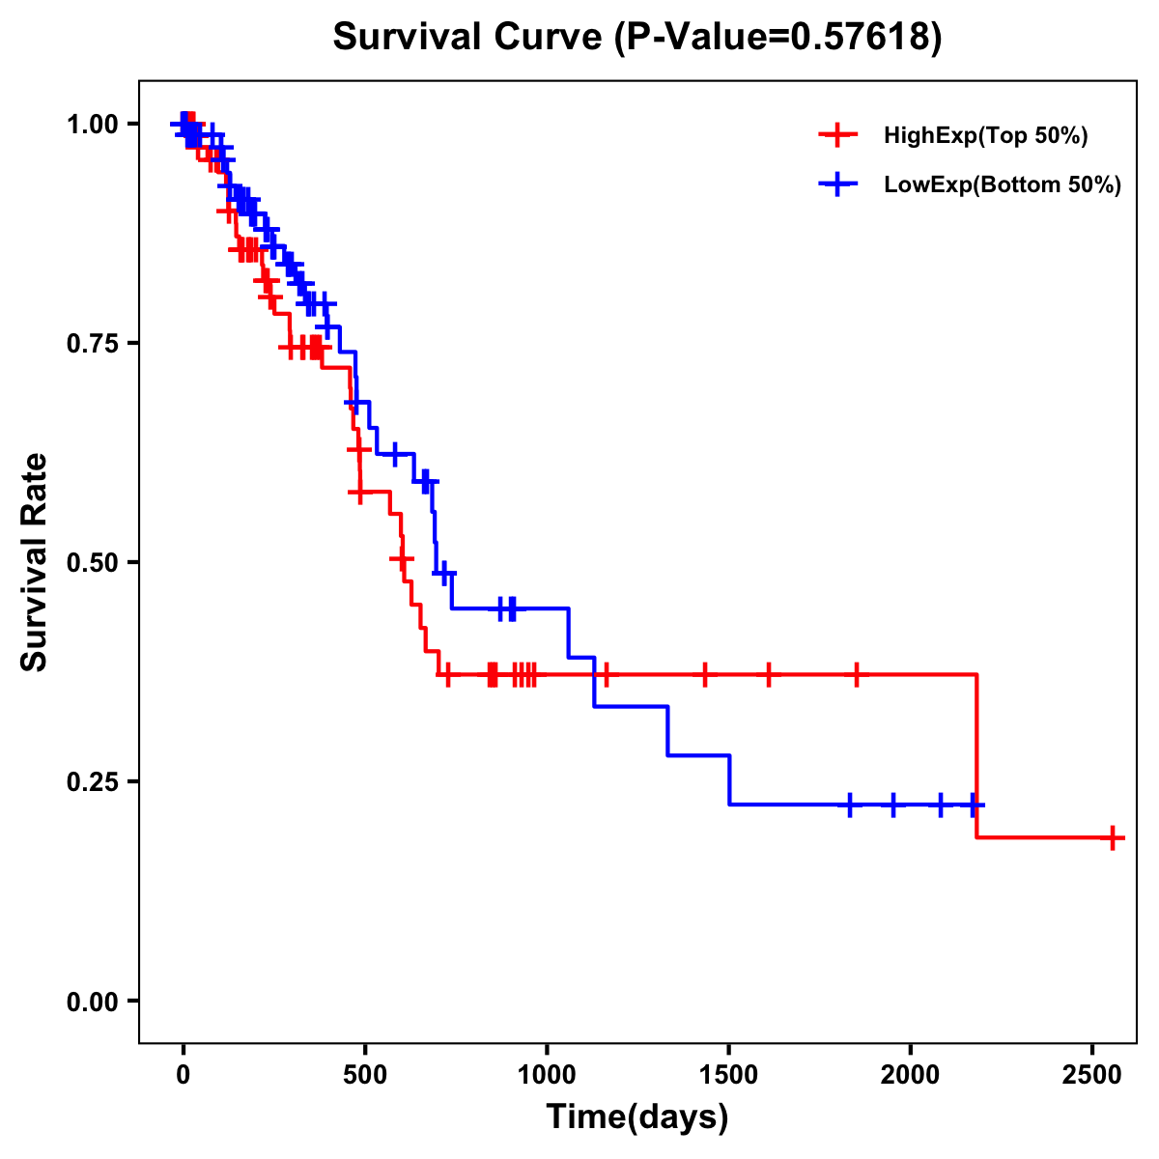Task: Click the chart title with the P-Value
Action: pos(636,38)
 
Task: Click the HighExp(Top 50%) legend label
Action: pos(985,136)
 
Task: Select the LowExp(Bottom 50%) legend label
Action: pos(1003,185)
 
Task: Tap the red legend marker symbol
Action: pos(837,136)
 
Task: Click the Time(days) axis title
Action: pos(636,1117)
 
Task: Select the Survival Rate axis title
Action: pos(35,562)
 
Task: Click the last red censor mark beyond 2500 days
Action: pos(1113,837)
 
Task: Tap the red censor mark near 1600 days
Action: pos(769,674)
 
